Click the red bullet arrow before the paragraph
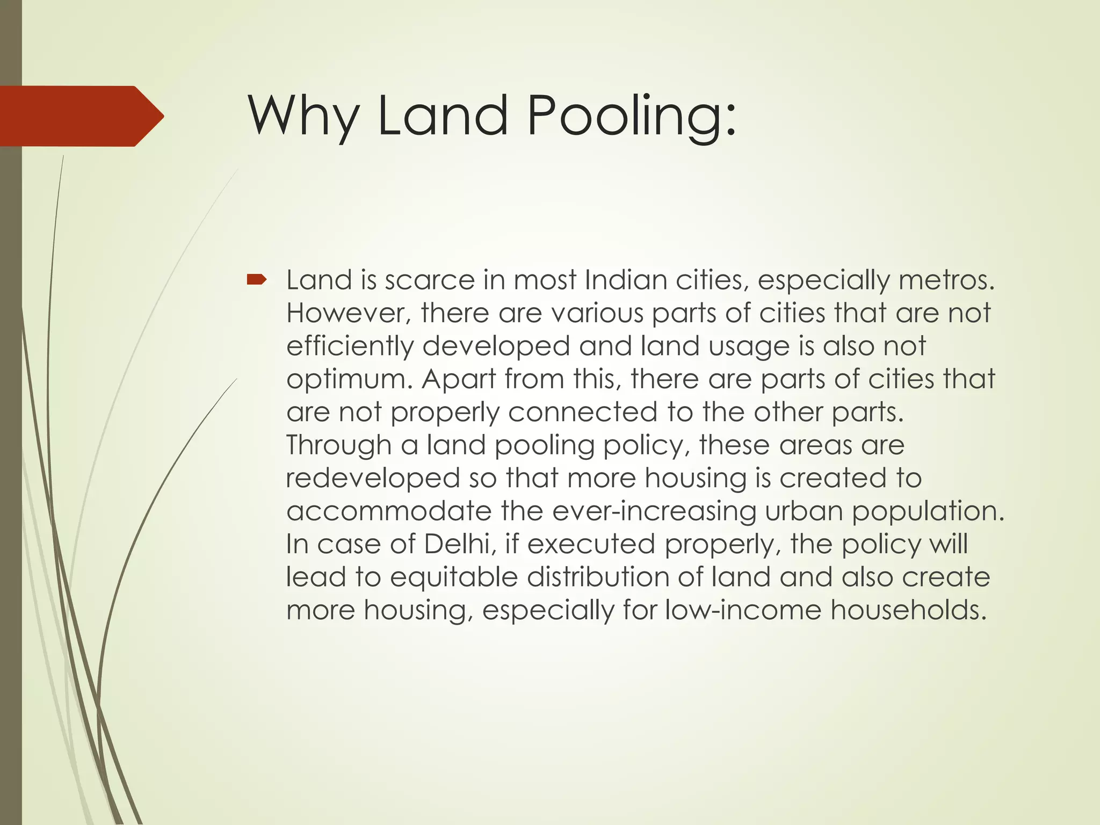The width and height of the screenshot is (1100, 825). click(256, 279)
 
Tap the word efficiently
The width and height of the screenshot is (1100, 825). click(350, 346)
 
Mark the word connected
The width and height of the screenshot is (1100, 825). click(583, 412)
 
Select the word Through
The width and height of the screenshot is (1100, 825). click(339, 445)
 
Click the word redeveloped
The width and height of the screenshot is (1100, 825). click(373, 478)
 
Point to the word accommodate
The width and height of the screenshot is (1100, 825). click(389, 511)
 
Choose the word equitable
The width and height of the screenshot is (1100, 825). click(454, 577)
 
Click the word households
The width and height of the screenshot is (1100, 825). click(909, 610)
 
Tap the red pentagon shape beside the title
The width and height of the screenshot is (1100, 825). click(81, 116)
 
